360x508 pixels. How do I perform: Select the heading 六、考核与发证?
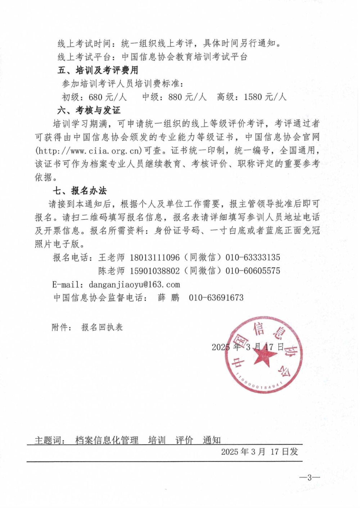point(89,110)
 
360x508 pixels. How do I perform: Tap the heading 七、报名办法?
point(80,190)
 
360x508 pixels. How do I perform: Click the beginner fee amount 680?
point(95,97)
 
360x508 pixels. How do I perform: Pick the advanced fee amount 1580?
point(253,97)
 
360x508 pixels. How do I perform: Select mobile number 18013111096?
point(154,257)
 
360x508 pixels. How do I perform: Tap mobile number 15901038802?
point(154,271)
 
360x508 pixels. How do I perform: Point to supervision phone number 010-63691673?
point(216,298)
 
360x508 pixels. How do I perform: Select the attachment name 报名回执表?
point(102,327)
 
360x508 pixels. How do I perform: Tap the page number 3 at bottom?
point(309,477)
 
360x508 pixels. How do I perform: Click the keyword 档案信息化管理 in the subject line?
point(107,440)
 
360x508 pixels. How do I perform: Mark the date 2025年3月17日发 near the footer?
point(260,452)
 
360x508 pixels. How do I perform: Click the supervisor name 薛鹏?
point(168,298)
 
